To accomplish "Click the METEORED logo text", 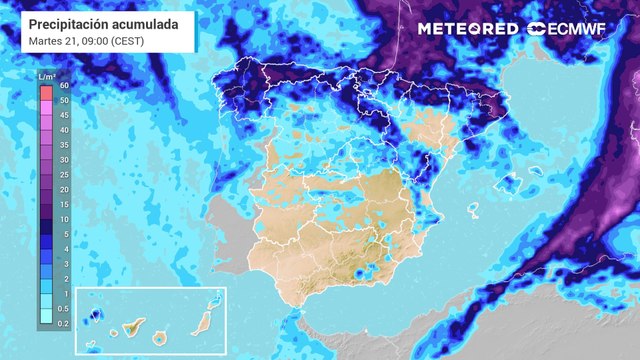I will [x=467, y=29].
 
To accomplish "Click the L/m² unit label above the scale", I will [x=46, y=76].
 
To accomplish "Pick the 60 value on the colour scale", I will [x=62, y=87].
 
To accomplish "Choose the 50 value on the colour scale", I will [x=62, y=101].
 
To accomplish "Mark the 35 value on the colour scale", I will [x=62, y=145].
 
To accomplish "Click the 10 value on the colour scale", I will [x=62, y=219].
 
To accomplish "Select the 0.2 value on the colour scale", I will [x=62, y=322].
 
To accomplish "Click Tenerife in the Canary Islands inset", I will [x=132, y=327].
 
